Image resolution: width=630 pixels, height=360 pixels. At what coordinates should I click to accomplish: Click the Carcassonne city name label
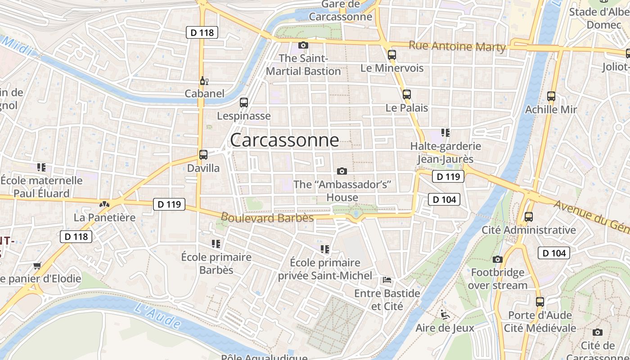pyautogui.click(x=284, y=140)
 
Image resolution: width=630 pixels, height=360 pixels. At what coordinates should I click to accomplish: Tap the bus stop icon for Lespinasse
pyautogui.click(x=244, y=103)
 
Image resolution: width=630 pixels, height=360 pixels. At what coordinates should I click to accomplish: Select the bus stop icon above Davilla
pyautogui.click(x=203, y=155)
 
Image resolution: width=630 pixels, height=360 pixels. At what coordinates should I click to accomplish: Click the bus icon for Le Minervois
pyautogui.click(x=392, y=55)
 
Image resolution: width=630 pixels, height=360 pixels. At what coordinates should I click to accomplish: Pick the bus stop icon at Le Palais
pyautogui.click(x=407, y=94)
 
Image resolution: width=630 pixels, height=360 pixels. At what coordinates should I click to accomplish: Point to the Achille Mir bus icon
pyautogui.click(x=551, y=96)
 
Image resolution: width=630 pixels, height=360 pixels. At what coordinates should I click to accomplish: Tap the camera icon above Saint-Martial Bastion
pyautogui.click(x=303, y=45)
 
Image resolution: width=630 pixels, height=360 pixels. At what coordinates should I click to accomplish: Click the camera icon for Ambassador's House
pyautogui.click(x=342, y=171)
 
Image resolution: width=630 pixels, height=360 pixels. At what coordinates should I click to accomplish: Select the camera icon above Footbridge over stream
pyautogui.click(x=497, y=259)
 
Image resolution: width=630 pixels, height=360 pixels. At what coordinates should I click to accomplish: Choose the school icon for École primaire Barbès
pyautogui.click(x=216, y=244)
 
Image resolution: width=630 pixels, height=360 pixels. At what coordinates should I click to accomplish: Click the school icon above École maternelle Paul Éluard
pyautogui.click(x=41, y=167)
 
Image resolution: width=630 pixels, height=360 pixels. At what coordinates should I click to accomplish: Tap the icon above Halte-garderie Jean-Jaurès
pyautogui.click(x=445, y=133)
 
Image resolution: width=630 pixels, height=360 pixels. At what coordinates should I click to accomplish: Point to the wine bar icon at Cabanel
pyautogui.click(x=203, y=81)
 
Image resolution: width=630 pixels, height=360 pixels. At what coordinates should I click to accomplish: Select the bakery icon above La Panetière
pyautogui.click(x=104, y=204)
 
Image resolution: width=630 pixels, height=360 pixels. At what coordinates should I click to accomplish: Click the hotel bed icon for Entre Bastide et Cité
pyautogui.click(x=387, y=280)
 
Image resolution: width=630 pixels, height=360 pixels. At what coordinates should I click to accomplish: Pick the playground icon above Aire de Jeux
pyautogui.click(x=445, y=314)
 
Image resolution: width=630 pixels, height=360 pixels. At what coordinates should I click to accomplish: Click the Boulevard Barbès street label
pyautogui.click(x=267, y=217)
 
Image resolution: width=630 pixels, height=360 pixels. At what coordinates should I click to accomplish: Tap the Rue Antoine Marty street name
pyautogui.click(x=457, y=46)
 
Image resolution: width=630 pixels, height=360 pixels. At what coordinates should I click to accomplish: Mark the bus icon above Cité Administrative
pyautogui.click(x=529, y=217)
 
